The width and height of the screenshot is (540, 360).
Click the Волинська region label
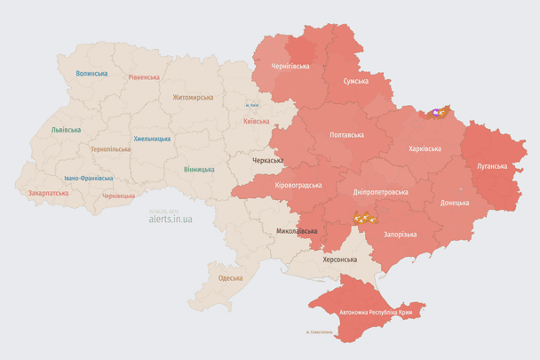click(x=92, y=74)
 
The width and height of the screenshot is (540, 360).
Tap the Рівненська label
click(x=143, y=77)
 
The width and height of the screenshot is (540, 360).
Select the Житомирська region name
click(x=193, y=97)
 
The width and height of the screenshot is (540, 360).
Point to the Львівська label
click(x=66, y=130)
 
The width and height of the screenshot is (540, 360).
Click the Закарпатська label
click(x=48, y=192)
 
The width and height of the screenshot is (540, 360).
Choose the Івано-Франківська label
click(x=88, y=178)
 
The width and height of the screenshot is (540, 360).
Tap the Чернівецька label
click(x=118, y=196)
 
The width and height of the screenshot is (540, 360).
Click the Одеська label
click(x=230, y=278)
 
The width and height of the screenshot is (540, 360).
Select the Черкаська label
click(x=269, y=161)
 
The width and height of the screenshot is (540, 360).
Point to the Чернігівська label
click(x=290, y=66)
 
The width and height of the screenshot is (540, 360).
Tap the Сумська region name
click(x=357, y=81)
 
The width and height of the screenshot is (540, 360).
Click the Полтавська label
click(x=346, y=135)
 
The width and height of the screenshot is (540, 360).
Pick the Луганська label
click(x=492, y=165)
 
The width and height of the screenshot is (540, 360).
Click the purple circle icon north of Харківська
click(x=435, y=113)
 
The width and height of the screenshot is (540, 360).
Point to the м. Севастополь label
click(x=319, y=333)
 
